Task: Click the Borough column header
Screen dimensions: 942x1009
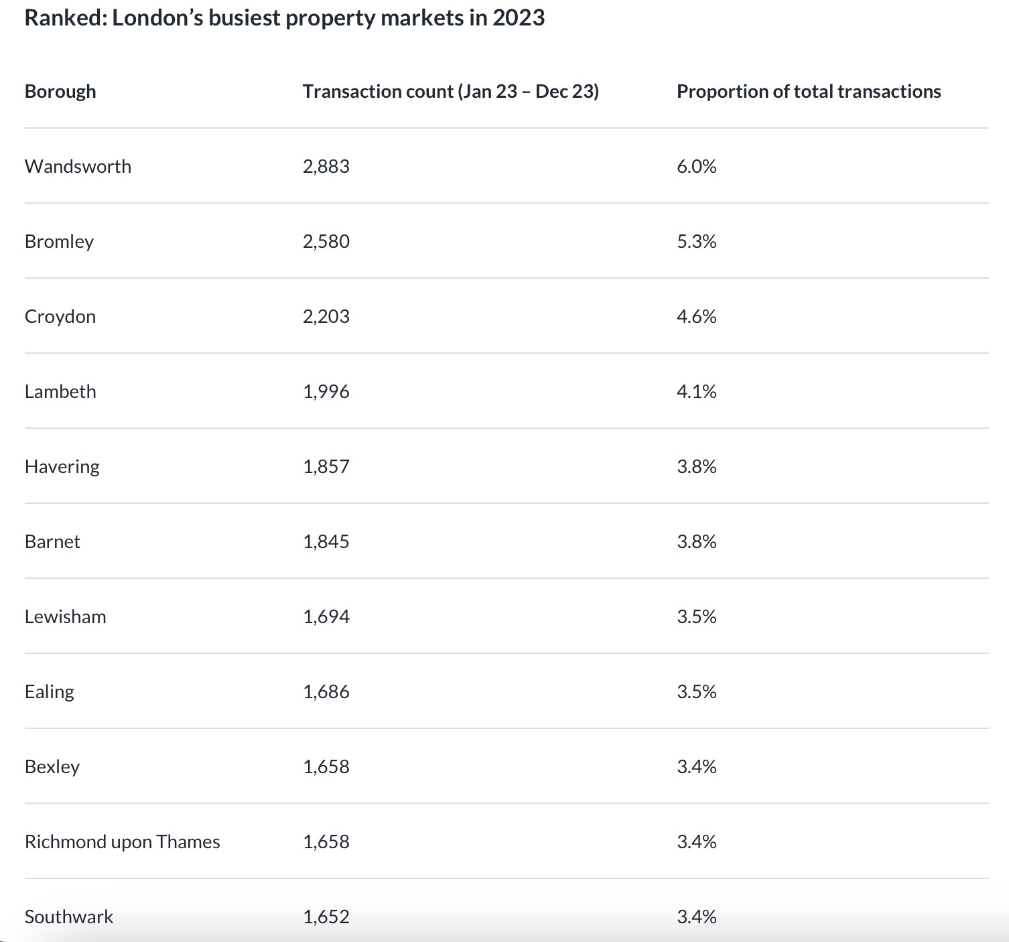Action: (x=60, y=91)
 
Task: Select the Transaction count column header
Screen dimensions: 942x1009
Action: (x=450, y=91)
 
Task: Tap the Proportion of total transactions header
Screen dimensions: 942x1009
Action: (x=809, y=91)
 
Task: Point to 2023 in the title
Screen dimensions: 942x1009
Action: (x=519, y=17)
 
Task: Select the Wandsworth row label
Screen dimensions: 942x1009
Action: (x=78, y=166)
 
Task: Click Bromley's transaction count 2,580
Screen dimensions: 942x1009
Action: (x=326, y=241)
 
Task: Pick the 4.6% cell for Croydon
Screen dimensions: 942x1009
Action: (x=696, y=316)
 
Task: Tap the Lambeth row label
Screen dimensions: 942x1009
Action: (x=60, y=391)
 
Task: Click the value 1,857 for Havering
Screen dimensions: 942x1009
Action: (x=326, y=466)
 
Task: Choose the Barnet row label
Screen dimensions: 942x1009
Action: (x=52, y=541)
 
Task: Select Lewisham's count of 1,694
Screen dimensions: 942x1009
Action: (x=326, y=616)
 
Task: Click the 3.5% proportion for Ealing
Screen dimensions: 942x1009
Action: (x=696, y=691)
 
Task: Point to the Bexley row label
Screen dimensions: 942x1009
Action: (x=52, y=766)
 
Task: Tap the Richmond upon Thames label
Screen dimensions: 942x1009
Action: (x=122, y=842)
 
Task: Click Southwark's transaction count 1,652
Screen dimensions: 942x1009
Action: (x=326, y=917)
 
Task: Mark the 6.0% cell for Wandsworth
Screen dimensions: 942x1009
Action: (x=696, y=166)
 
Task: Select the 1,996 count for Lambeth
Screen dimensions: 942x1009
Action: (x=326, y=391)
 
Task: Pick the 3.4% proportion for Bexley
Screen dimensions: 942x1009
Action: (x=696, y=766)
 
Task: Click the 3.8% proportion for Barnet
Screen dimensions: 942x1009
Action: (x=696, y=541)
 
